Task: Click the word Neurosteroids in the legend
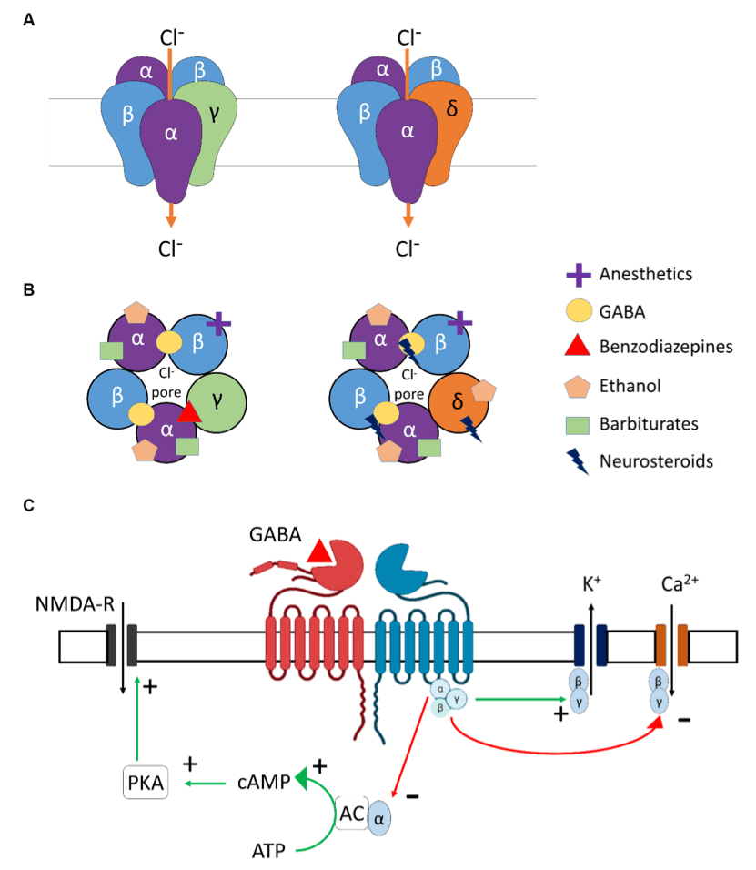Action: click(656, 460)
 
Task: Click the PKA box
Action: click(145, 782)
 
